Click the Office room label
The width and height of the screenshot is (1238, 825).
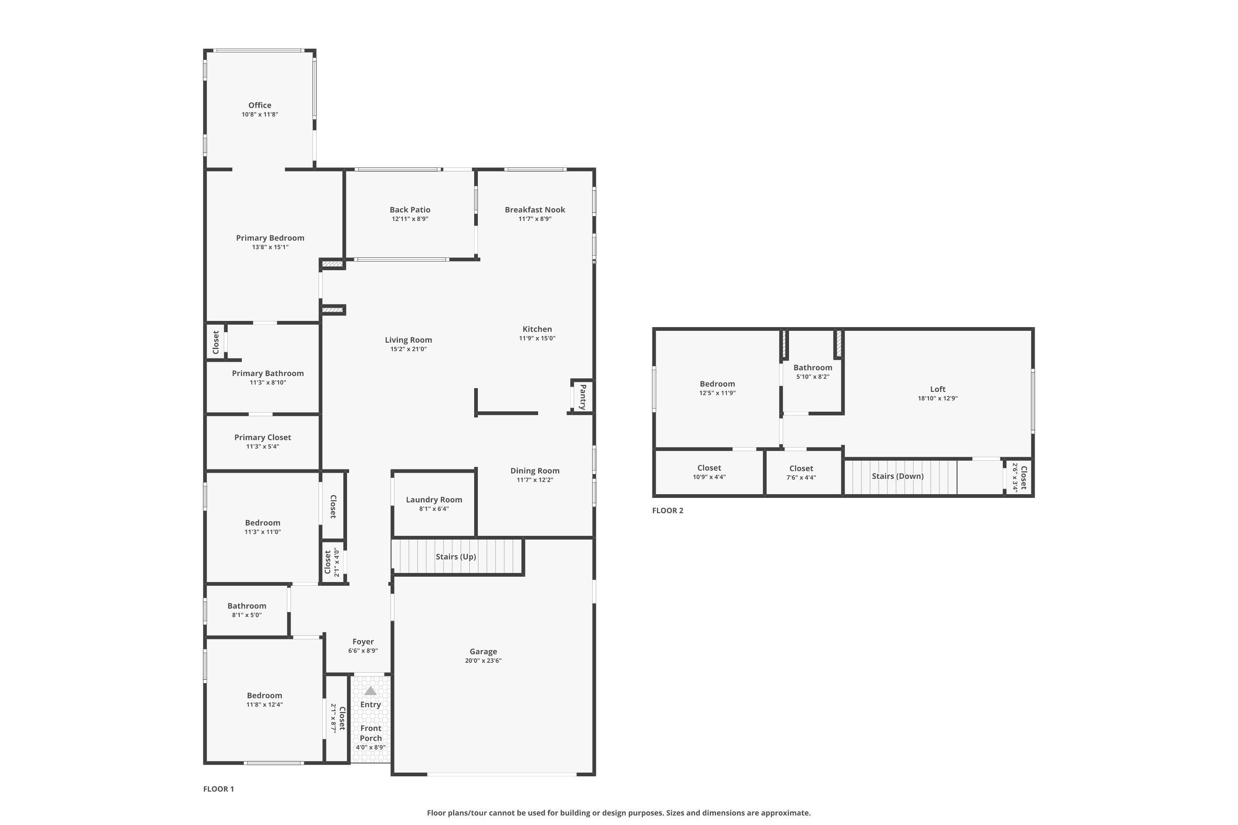coord(260,105)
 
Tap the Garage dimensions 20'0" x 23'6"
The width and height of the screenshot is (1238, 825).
coord(483,661)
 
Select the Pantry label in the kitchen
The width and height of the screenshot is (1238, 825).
coord(583,397)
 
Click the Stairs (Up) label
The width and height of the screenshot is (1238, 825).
coord(456,556)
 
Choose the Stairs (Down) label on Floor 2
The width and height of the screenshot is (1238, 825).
coord(898,476)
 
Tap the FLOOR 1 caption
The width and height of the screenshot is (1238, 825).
coord(218,789)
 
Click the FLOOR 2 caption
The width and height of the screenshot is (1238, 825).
coord(667,510)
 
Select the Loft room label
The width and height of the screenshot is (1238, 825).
coord(938,389)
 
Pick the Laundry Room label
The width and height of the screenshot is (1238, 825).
coord(434,500)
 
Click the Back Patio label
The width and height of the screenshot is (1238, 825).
coord(410,210)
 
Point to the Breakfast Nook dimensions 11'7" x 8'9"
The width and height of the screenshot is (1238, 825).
coord(535,219)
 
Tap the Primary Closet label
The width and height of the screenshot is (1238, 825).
coord(262,438)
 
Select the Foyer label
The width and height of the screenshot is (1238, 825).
coord(363,642)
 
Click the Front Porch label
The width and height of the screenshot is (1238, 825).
coord(371,733)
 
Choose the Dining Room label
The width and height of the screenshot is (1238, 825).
coord(535,471)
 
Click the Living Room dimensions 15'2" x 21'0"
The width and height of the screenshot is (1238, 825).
coord(409,349)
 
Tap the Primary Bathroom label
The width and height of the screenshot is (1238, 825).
coord(268,374)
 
